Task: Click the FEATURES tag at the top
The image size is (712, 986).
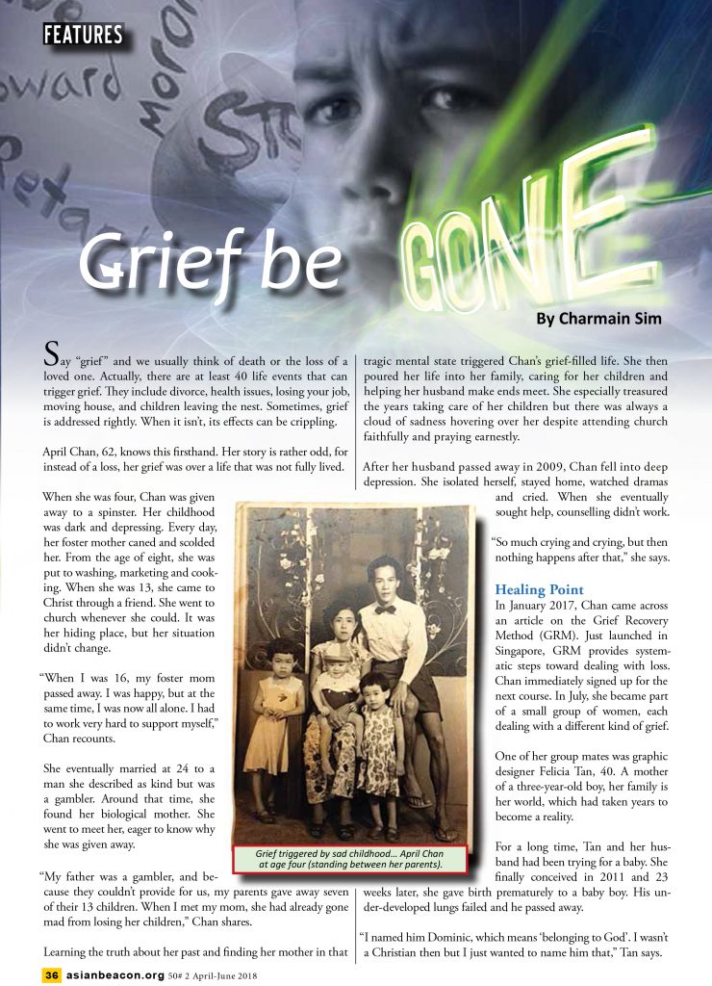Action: [x=84, y=36]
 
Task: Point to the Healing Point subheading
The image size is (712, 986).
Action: [x=539, y=589]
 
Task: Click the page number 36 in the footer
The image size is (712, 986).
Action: [x=52, y=973]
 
